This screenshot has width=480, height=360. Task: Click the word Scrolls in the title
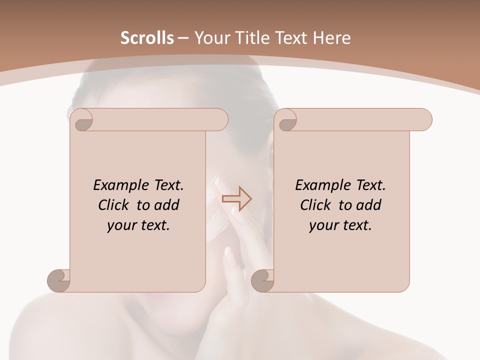pyautogui.click(x=147, y=38)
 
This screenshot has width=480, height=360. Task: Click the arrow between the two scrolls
pyautogui.click(x=236, y=199)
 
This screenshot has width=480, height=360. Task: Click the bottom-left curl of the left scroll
pyautogui.click(x=58, y=280)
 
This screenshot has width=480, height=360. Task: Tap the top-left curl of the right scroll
pyautogui.click(x=286, y=120)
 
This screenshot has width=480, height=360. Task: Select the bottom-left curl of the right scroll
pyautogui.click(x=262, y=280)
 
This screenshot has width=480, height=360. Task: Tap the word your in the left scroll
pyautogui.click(x=120, y=226)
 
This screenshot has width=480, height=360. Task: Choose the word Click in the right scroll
pyautogui.click(x=315, y=205)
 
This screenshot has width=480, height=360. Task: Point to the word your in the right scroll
pyautogui.click(x=322, y=226)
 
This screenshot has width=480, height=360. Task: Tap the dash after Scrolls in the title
pyautogui.click(x=183, y=38)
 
